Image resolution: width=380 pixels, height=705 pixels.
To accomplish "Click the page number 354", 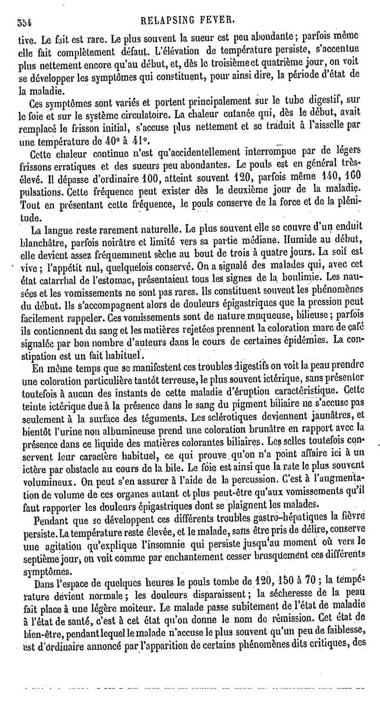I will pos(23,21).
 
